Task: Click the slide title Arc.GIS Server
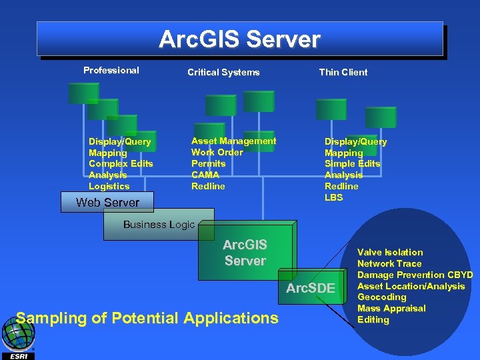(x=239, y=39)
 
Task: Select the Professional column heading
(x=111, y=70)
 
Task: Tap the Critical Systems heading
(x=223, y=72)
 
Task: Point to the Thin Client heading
(x=343, y=72)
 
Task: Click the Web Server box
(x=107, y=203)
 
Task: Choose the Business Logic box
(x=159, y=225)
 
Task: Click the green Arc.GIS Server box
(x=245, y=253)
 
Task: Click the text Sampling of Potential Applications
(x=147, y=318)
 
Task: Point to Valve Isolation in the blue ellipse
(x=390, y=252)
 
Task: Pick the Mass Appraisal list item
(x=391, y=309)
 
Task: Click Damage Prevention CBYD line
(x=415, y=275)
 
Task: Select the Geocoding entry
(x=381, y=297)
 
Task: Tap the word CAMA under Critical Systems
(x=205, y=175)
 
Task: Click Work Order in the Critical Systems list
(x=217, y=152)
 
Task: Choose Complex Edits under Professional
(x=121, y=163)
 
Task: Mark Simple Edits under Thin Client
(x=352, y=163)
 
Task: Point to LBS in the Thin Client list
(x=333, y=197)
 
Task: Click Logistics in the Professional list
(x=109, y=186)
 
